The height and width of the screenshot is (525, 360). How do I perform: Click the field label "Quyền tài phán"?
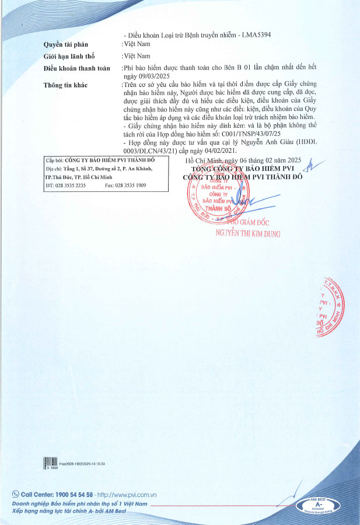pyautogui.click(x=65, y=44)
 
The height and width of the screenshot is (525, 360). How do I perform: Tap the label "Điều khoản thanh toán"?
pyautogui.click(x=76, y=68)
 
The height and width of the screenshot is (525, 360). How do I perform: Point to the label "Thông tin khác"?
pyautogui.click(x=65, y=85)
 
